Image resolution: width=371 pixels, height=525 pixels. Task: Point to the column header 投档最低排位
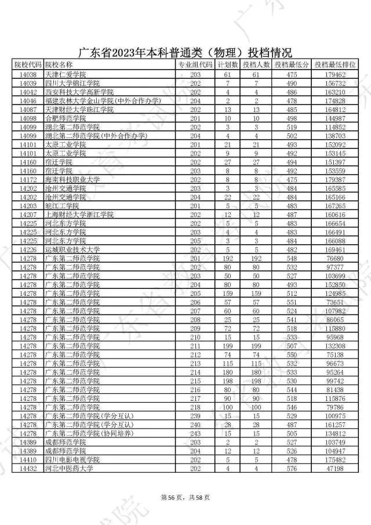coord(336,64)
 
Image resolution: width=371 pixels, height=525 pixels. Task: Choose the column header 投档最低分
coord(292,64)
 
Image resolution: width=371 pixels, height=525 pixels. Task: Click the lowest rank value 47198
coord(336,468)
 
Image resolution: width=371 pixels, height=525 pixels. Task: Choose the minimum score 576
coord(292,468)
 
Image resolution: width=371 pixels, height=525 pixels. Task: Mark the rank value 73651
coord(336,302)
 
